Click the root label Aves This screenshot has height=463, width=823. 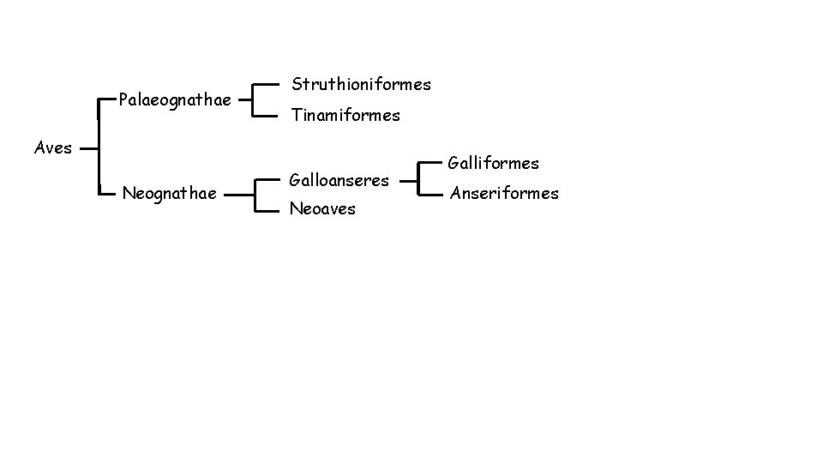pos(52,147)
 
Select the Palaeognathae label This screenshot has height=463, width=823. pos(175,100)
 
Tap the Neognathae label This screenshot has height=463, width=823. pos(169,194)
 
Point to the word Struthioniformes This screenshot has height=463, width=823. pos(361,84)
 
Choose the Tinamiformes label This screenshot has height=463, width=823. pos(345,115)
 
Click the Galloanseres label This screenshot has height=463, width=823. pos(339,180)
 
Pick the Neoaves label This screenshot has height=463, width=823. pos(322,208)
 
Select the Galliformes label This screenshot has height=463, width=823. pos(495,163)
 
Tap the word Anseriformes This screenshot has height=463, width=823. pos(505,193)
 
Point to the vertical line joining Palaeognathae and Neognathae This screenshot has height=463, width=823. pos(100,147)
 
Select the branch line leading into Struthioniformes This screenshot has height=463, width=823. pos(269,84)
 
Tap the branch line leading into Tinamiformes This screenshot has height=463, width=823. pos(269,114)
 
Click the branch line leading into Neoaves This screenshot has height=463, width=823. pos(269,208)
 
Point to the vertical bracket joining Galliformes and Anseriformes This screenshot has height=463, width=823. pos(418,177)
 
